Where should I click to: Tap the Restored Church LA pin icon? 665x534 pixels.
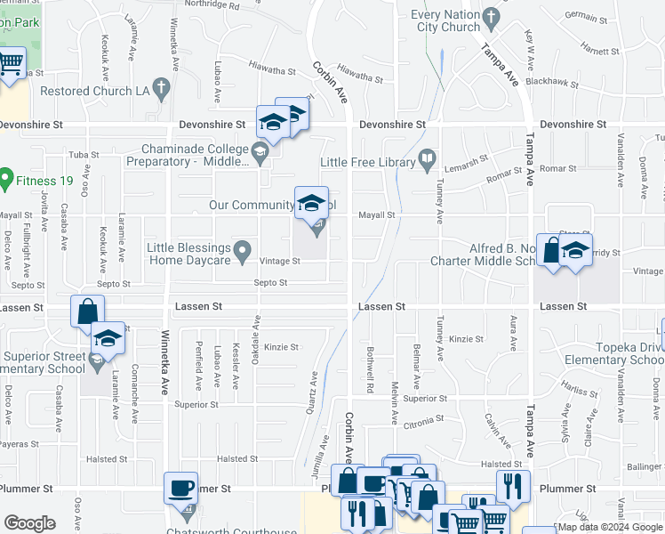click(160, 88)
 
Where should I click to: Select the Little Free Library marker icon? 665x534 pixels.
click(427, 161)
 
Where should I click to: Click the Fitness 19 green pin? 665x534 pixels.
click(5, 178)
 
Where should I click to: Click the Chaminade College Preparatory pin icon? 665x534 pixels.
click(260, 155)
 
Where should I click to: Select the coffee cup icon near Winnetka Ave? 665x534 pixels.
click(181, 488)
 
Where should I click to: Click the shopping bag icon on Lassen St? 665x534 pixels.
click(88, 312)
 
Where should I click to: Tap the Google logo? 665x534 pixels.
click(30, 523)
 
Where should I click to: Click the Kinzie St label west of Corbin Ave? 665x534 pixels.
click(281, 346)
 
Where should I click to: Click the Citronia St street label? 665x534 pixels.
click(422, 419)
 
